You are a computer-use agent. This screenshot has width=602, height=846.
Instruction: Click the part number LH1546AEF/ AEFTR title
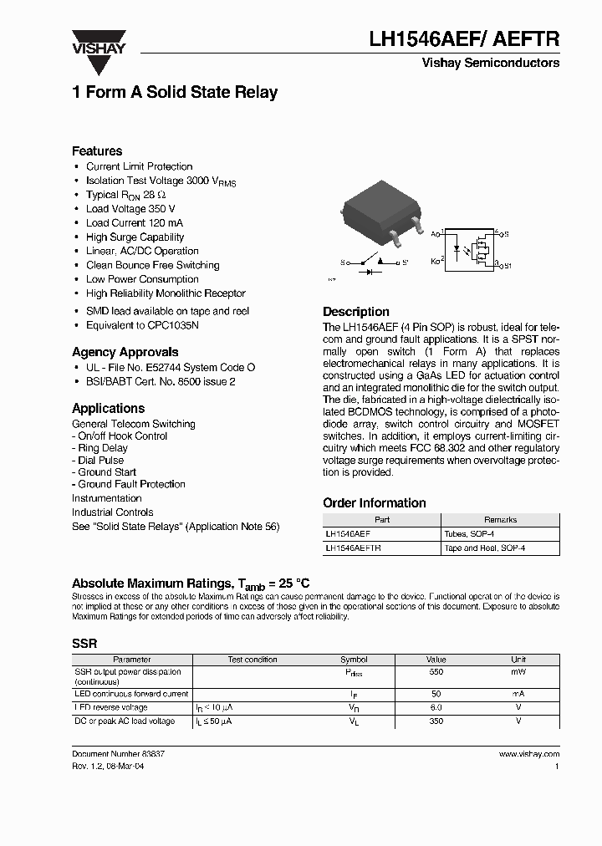point(464,38)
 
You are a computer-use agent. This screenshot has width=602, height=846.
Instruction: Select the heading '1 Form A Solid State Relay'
point(175,93)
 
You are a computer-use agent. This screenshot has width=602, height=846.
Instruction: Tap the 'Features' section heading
point(97,151)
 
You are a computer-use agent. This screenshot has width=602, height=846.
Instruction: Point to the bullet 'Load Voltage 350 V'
point(130,209)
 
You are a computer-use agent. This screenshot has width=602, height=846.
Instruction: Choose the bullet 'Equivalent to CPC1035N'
point(142,325)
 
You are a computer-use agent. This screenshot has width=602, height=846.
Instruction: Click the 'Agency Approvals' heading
point(125,352)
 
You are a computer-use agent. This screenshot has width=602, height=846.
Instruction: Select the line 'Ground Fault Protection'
point(131,484)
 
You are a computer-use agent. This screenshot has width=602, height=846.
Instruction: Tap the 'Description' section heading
point(356,312)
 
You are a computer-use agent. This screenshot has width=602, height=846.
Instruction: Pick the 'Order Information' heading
point(375,503)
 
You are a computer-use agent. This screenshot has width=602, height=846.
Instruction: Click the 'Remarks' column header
point(500,520)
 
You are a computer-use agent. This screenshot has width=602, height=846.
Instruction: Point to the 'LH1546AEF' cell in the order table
point(348,533)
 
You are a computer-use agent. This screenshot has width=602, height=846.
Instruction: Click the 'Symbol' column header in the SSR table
point(354,660)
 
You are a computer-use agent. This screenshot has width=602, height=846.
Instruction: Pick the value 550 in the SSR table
point(436,672)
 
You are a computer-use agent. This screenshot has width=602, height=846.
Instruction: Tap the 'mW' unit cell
point(518,672)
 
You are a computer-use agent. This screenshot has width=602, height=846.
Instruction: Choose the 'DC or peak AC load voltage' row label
point(125,721)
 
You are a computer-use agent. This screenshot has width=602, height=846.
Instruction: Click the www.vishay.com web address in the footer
point(528,754)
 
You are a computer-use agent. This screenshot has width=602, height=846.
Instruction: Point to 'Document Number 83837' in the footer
point(118,754)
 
